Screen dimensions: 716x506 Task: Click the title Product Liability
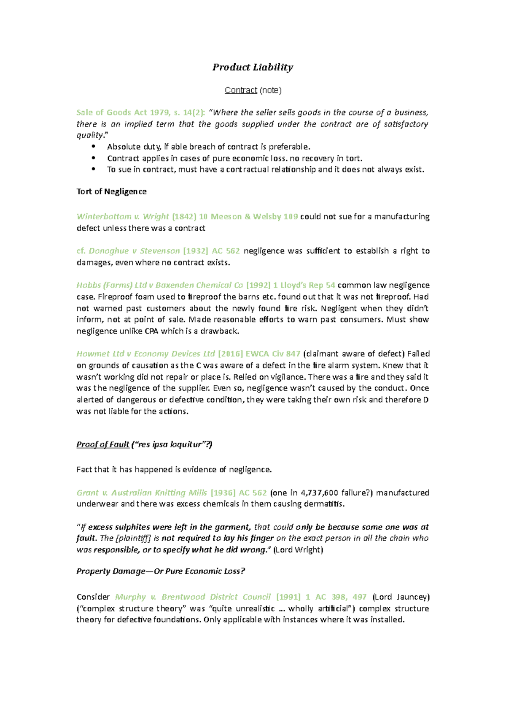[x=253, y=67]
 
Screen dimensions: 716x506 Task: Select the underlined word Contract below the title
[x=241, y=90]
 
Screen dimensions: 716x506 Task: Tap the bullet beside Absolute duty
[x=94, y=147]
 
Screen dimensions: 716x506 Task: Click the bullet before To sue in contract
[x=94, y=170]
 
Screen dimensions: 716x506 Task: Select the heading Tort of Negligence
[x=111, y=191]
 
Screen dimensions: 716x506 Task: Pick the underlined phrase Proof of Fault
[x=103, y=444]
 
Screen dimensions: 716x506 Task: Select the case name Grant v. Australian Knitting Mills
[x=142, y=493]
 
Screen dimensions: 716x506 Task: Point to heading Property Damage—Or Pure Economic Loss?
[x=161, y=571]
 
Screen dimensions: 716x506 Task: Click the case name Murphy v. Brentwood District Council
[x=193, y=597]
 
